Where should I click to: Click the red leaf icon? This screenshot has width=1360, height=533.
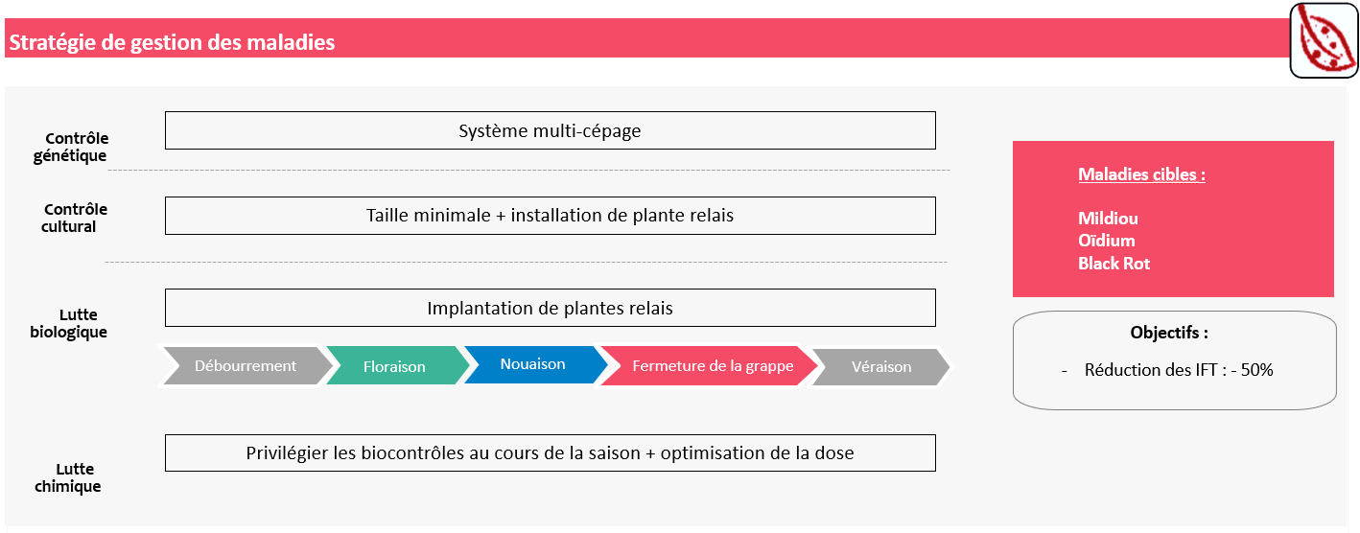point(1324,40)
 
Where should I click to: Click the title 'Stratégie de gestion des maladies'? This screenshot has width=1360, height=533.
point(172,42)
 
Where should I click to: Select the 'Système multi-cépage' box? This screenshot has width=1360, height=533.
point(551,130)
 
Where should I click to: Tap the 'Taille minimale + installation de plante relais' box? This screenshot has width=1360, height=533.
point(551,216)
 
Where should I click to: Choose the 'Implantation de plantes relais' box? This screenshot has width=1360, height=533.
point(551,308)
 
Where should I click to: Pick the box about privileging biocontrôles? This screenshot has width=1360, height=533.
point(551,452)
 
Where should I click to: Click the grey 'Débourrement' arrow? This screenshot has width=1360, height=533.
point(246,365)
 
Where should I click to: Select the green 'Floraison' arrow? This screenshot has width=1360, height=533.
point(397,365)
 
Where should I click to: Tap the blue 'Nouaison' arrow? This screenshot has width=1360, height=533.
point(535,364)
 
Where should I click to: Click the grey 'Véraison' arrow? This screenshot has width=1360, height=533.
point(881,366)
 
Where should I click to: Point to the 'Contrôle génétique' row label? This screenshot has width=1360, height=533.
point(70,147)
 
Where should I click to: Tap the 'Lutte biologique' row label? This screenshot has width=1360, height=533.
point(69,323)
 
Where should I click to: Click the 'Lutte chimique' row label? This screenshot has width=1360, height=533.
point(68,477)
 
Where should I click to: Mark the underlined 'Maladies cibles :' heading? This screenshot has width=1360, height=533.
point(1141,174)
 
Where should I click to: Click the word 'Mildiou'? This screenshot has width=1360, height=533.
point(1108,219)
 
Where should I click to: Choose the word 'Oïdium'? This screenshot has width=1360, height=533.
point(1106,241)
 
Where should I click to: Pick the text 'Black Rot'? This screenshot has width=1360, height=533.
point(1114,264)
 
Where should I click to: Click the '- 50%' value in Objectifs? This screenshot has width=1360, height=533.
point(1252,370)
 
